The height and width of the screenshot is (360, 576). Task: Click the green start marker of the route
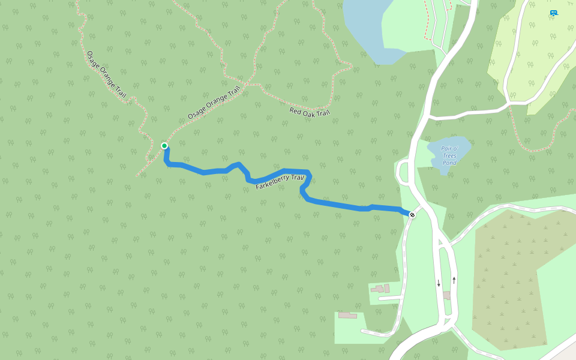point(164,145)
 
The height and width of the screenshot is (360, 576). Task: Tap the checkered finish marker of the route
point(412,214)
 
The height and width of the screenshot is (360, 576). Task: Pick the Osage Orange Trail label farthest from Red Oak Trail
point(107,74)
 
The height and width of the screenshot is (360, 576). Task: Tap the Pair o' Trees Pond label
point(449,155)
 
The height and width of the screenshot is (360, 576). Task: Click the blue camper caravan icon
point(553,13)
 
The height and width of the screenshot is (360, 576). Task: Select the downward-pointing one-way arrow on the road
point(439,283)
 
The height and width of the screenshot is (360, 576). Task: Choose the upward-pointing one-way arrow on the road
point(454,280)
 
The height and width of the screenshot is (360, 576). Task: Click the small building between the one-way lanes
point(446,295)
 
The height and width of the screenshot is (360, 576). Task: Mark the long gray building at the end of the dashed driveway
point(347,315)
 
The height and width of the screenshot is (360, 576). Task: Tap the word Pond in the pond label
point(449,163)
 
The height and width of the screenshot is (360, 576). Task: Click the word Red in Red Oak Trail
point(295,110)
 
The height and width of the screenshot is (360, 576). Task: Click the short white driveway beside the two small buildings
point(390,298)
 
